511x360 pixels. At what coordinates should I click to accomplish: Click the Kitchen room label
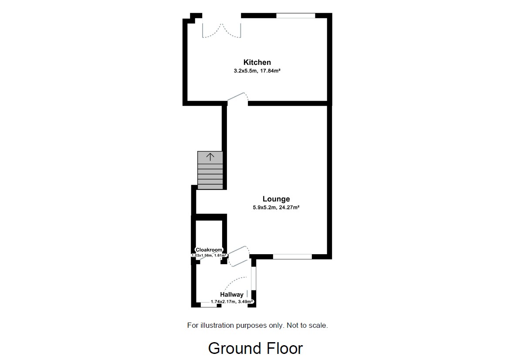point(257,62)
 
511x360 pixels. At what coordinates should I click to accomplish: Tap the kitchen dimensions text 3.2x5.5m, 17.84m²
point(257,70)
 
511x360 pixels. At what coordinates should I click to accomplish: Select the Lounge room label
point(276,199)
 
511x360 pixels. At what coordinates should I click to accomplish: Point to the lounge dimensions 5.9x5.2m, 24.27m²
point(276,207)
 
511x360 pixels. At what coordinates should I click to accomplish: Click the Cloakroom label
point(209,250)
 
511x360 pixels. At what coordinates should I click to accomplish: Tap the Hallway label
point(231,295)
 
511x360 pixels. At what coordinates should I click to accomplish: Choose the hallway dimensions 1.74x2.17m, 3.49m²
point(232,301)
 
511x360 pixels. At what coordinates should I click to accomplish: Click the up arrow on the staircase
point(210,157)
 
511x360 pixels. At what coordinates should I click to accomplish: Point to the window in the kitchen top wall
point(296,16)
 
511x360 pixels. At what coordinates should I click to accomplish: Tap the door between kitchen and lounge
point(237,98)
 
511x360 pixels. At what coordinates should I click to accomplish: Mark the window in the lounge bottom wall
point(292,257)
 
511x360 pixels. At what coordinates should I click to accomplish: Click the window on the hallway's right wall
point(254,278)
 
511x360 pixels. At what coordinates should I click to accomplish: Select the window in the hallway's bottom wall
point(209,305)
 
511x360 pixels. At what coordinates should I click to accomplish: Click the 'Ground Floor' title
point(255,348)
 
